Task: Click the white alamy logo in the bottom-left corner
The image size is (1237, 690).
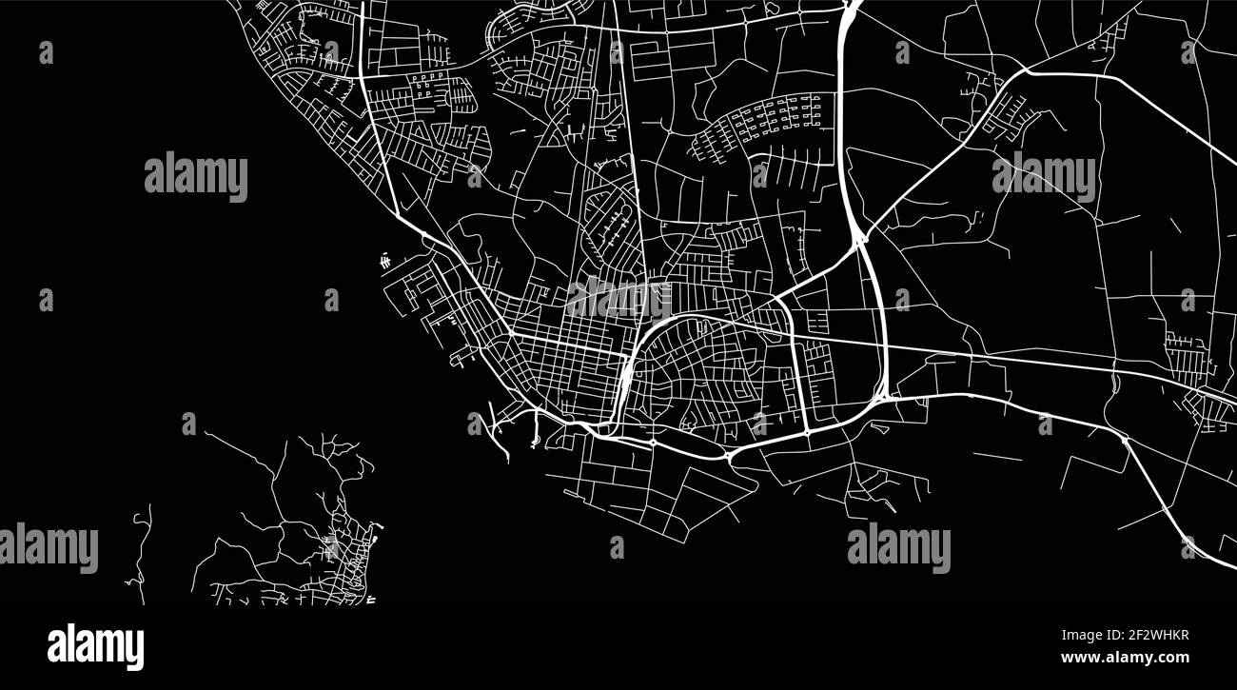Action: pos(95,646)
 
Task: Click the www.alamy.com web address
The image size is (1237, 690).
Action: pos(1125,658)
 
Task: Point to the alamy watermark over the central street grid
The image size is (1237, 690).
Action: pos(618,298)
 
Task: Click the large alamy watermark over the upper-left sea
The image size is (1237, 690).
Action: pos(196,176)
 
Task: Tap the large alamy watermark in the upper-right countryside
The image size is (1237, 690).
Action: pos(1043,176)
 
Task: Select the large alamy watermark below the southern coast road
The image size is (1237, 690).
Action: pos(898,548)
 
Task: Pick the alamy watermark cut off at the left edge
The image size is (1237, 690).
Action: pos(48,548)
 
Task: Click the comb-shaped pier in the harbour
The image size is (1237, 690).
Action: pos(384,259)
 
